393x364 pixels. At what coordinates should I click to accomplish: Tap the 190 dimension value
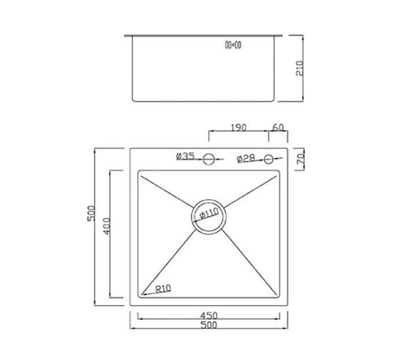coord(238,128)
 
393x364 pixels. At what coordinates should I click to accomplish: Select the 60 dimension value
coord(277,128)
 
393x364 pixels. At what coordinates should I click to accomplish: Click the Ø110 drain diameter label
coord(209,214)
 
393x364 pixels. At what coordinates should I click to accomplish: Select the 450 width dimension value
coord(209,316)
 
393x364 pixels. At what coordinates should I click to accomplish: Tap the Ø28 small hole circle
coord(269,158)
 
